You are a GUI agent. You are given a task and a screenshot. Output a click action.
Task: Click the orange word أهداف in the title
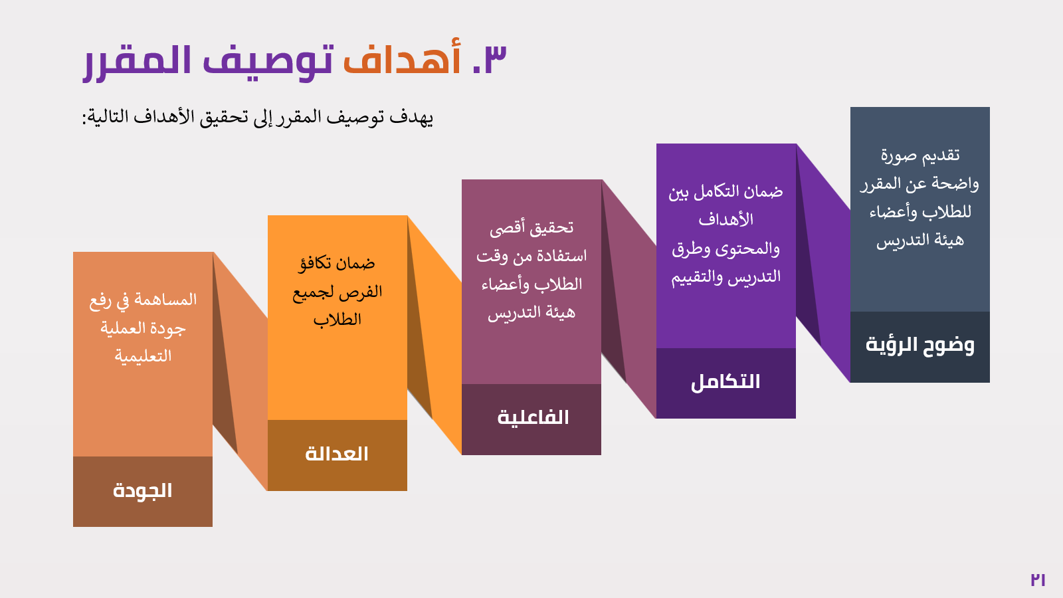[x=402, y=57]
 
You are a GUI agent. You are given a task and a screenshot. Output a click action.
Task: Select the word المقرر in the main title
[x=137, y=63]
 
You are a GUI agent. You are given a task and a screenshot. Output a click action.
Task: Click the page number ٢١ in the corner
[x=1038, y=579]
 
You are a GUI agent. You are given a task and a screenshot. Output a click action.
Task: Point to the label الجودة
[x=142, y=491]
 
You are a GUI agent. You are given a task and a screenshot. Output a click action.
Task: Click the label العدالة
[x=337, y=454]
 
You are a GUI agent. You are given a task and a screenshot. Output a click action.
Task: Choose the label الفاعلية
[x=533, y=418]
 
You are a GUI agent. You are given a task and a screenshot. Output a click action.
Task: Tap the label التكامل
[x=725, y=382]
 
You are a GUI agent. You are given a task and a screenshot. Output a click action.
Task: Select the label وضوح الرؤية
[x=919, y=345]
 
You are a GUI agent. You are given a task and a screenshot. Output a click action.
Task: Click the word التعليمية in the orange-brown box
[x=143, y=356]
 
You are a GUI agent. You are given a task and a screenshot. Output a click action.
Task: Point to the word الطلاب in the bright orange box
[x=338, y=320]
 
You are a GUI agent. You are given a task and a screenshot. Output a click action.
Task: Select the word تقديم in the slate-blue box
[x=939, y=155]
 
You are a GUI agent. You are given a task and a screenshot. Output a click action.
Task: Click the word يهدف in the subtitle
[x=411, y=118]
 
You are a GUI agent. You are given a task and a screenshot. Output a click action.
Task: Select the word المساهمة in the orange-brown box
[x=165, y=300]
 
